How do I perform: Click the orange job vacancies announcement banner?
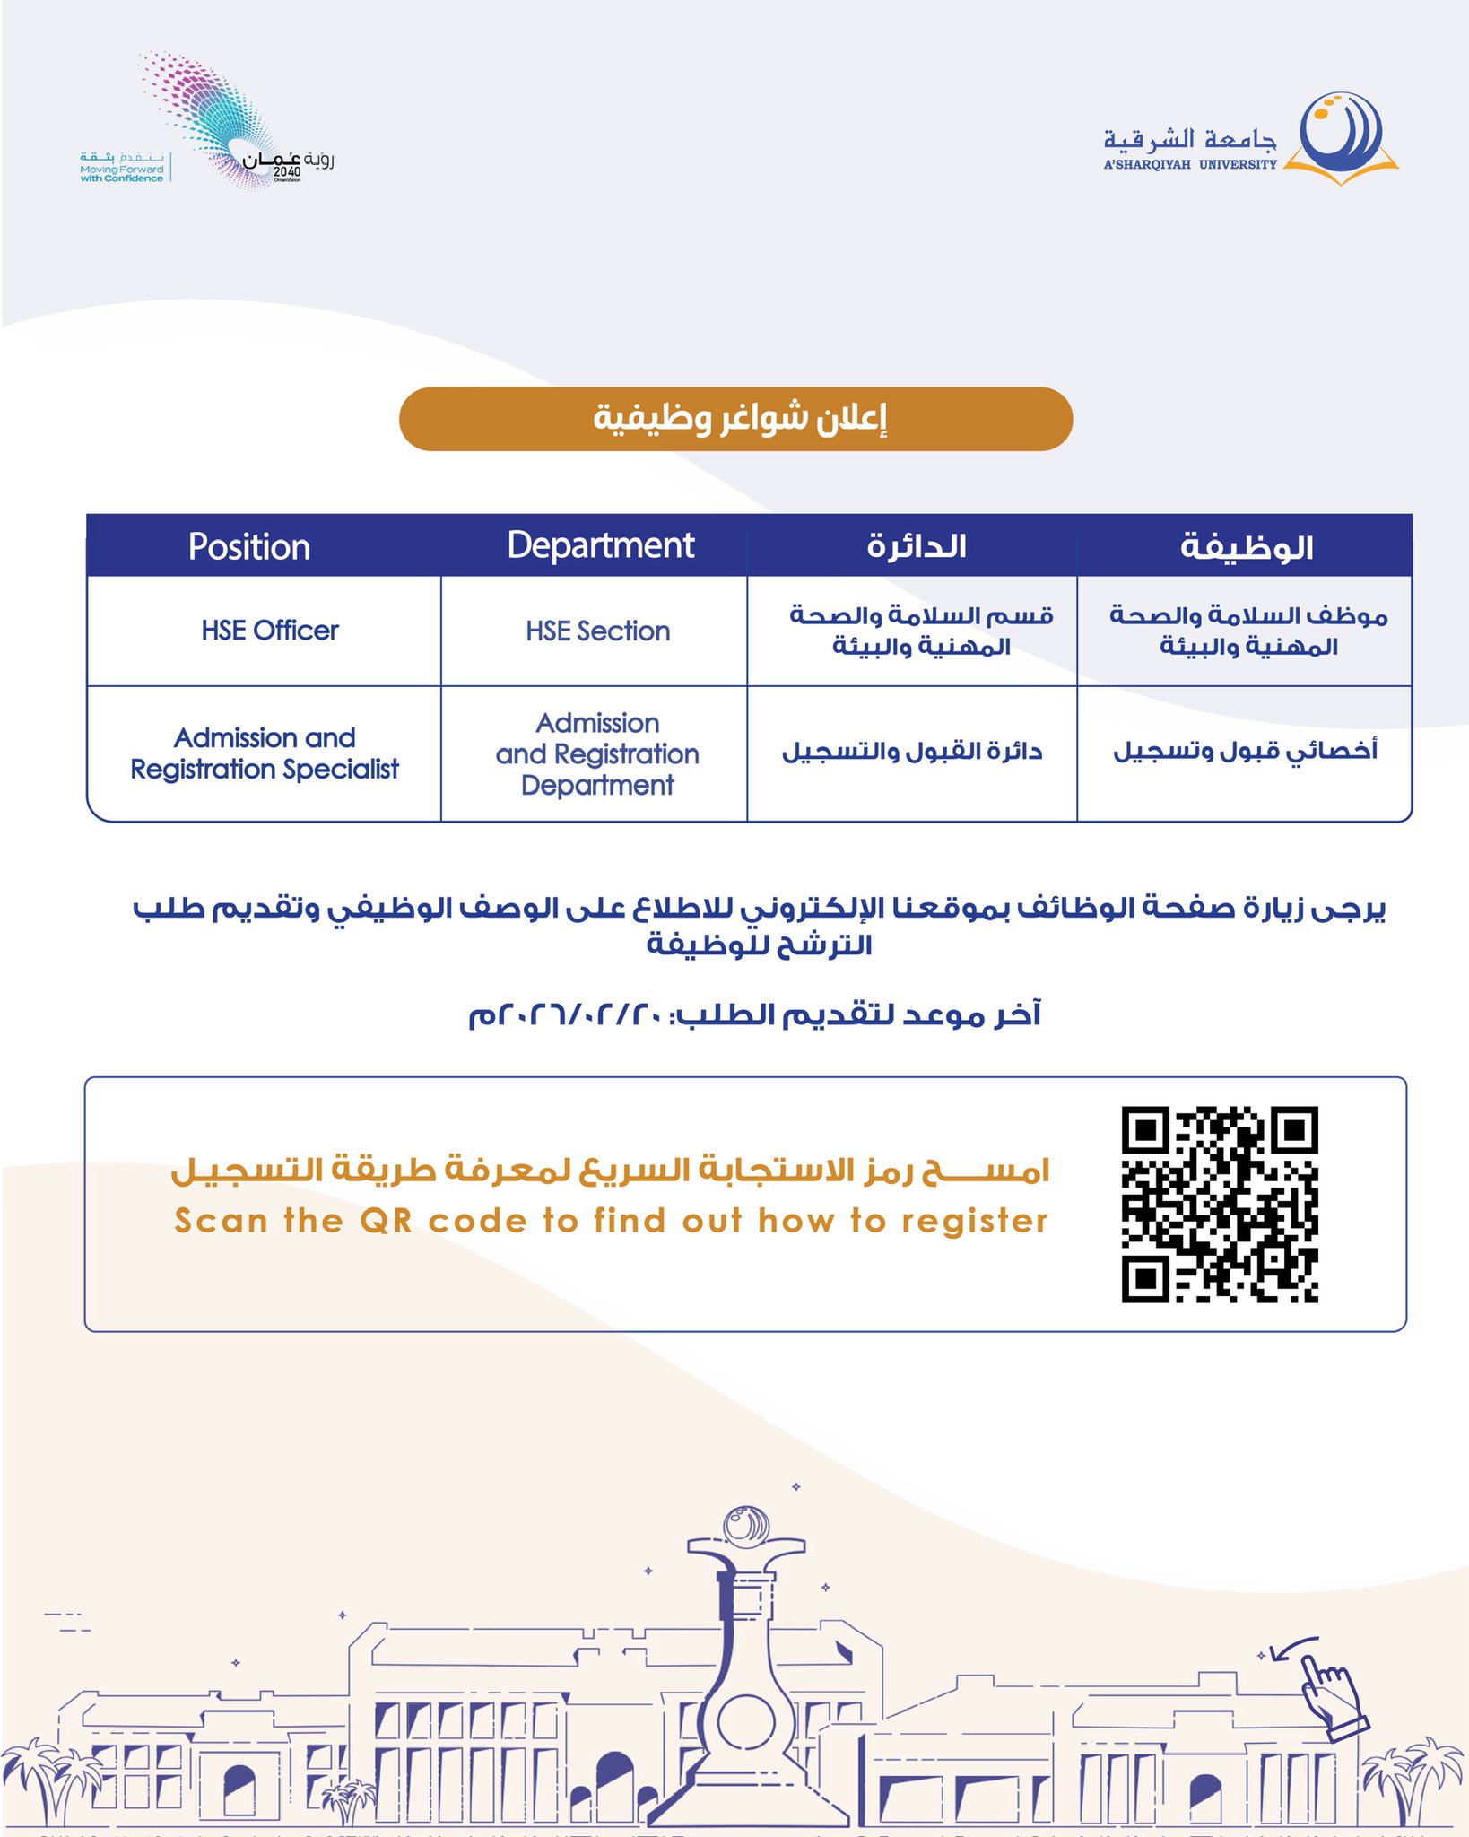tap(735, 419)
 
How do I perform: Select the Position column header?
tap(249, 546)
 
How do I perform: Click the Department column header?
tap(600, 545)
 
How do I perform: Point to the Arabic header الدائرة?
tap(916, 546)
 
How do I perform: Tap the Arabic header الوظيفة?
tap(1246, 546)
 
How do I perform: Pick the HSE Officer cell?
tap(270, 631)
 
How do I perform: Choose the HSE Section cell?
tap(598, 631)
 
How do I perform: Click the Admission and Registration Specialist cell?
tap(265, 753)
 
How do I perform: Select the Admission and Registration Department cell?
tap(597, 754)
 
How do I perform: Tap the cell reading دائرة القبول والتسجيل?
tap(912, 752)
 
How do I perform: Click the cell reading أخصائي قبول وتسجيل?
tap(1245, 751)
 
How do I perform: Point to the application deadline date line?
tap(754, 1015)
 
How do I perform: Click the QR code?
tap(1220, 1204)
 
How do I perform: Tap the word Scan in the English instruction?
tap(221, 1221)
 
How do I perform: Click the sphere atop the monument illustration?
tap(746, 1527)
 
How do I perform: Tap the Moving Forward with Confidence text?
tap(122, 173)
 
